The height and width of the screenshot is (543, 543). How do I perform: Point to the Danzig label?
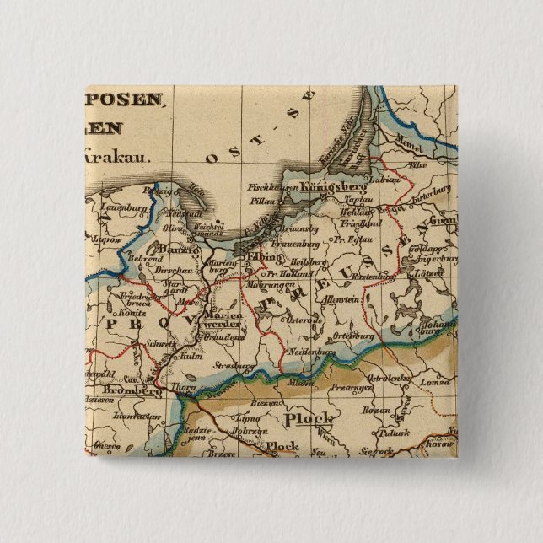[x=177, y=250]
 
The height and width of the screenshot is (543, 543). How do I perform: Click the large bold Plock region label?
[x=309, y=419]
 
